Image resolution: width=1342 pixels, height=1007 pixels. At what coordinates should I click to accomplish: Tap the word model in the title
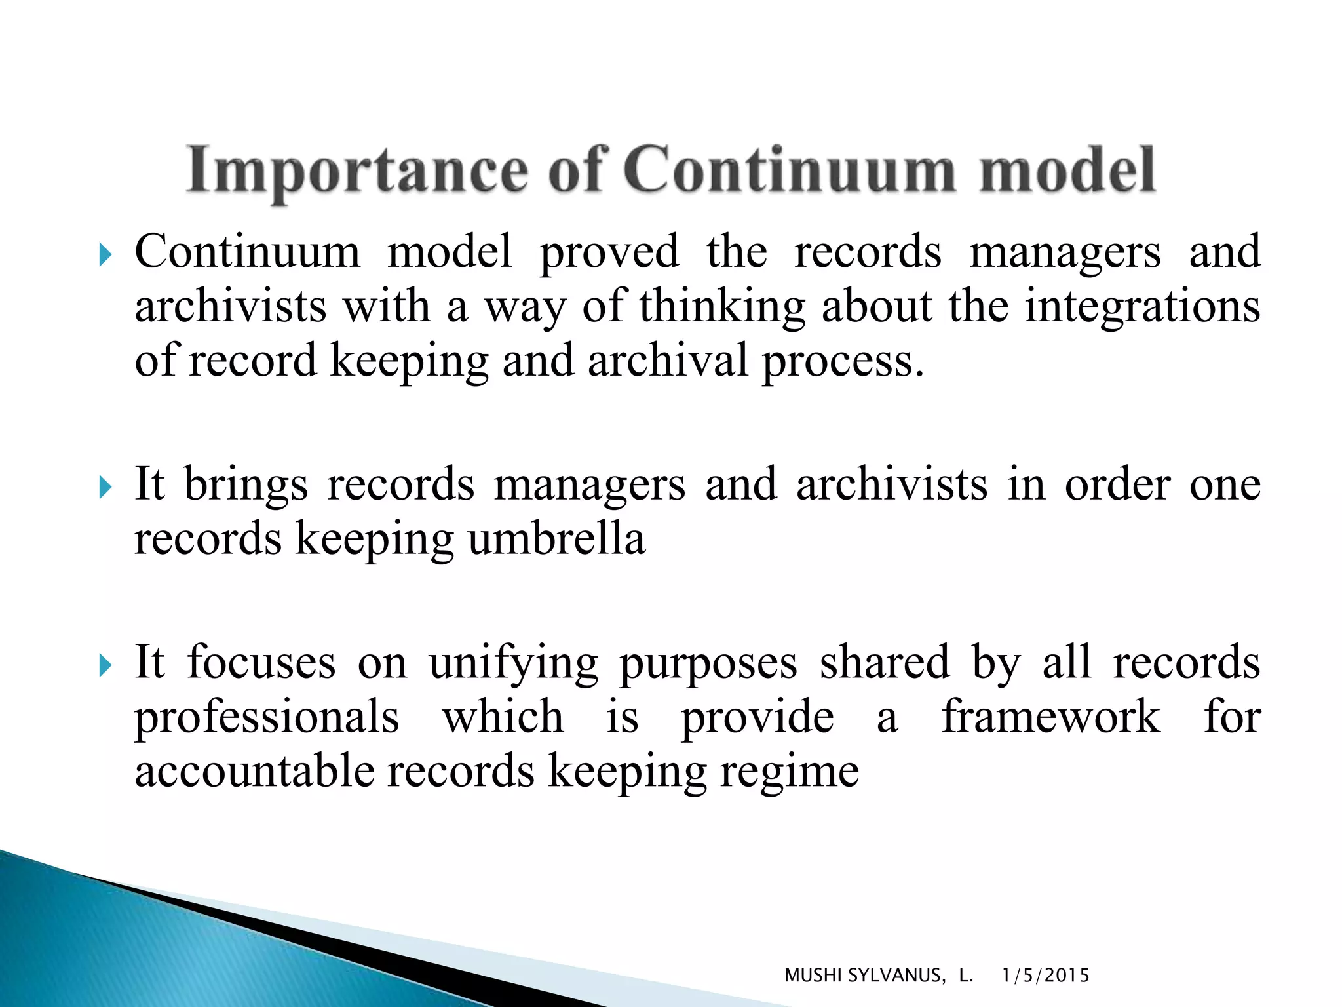(x=1067, y=170)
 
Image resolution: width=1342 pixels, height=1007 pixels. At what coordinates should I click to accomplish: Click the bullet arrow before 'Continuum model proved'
(x=105, y=254)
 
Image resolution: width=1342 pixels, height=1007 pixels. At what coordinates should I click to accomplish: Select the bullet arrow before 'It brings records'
(x=105, y=487)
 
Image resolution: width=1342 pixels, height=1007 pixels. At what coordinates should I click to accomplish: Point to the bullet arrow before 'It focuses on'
(x=105, y=665)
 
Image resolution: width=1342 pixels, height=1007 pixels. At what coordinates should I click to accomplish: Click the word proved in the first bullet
(x=609, y=253)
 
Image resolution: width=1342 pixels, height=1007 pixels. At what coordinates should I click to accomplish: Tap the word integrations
(x=1142, y=306)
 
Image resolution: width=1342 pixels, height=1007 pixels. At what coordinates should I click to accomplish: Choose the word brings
(x=246, y=486)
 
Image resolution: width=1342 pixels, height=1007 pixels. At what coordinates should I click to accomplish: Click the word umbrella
(x=556, y=539)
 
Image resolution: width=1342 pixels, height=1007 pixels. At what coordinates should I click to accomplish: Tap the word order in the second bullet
(x=1117, y=485)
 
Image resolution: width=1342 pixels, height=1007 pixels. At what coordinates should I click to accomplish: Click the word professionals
(x=267, y=717)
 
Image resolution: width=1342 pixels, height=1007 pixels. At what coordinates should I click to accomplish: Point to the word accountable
(x=255, y=771)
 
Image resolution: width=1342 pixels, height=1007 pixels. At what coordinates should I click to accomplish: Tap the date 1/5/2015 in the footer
(x=1046, y=976)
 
